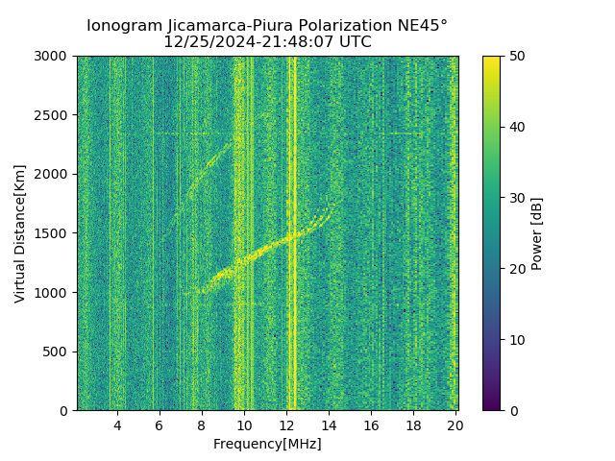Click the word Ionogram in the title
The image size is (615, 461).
(x=124, y=26)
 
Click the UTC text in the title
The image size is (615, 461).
(x=354, y=42)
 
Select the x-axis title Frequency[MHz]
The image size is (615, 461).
(x=267, y=444)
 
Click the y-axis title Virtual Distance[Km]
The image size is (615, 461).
(x=20, y=233)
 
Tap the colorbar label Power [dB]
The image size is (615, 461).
(x=537, y=233)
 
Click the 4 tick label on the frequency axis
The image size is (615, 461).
(x=117, y=425)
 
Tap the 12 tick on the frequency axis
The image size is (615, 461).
(x=286, y=425)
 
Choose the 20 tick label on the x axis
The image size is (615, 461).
(x=455, y=425)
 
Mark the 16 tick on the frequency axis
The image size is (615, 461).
(x=371, y=425)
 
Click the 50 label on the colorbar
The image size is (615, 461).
(x=516, y=56)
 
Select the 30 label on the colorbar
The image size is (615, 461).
(x=516, y=198)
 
